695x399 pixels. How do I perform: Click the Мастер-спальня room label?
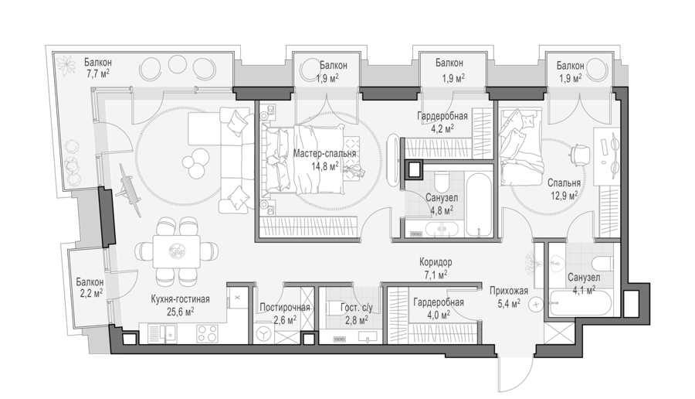pyautogui.click(x=324, y=154)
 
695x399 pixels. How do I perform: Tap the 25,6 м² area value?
pyautogui.click(x=181, y=312)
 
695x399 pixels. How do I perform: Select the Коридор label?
pyautogui.click(x=436, y=262)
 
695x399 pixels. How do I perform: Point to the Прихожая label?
pyautogui.click(x=509, y=292)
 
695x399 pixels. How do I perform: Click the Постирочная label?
pyautogui.click(x=284, y=307)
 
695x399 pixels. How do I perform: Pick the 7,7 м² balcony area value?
pyautogui.click(x=98, y=73)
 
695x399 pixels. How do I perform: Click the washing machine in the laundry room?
pyautogui.click(x=265, y=332)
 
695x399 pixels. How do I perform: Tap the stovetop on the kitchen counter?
pyautogui.click(x=207, y=334)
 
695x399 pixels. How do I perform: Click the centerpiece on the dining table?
pyautogui.click(x=176, y=251)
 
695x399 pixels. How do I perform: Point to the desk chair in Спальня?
pyautogui.click(x=579, y=154)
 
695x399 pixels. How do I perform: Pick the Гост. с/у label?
pyautogui.click(x=357, y=308)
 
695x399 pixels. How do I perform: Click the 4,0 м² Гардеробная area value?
pyautogui.click(x=439, y=315)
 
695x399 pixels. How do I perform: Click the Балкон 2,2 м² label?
pyautogui.click(x=90, y=287)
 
